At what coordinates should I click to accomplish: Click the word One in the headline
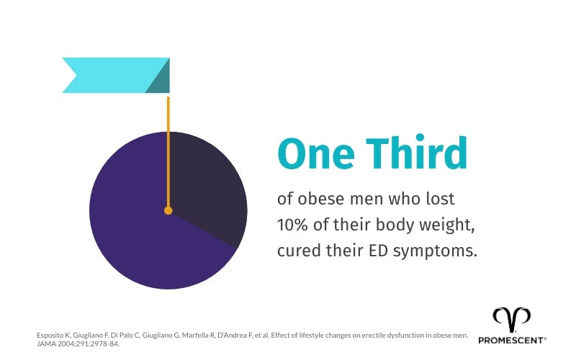313,153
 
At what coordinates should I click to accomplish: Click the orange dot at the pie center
168,211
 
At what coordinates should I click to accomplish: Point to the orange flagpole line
168,144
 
